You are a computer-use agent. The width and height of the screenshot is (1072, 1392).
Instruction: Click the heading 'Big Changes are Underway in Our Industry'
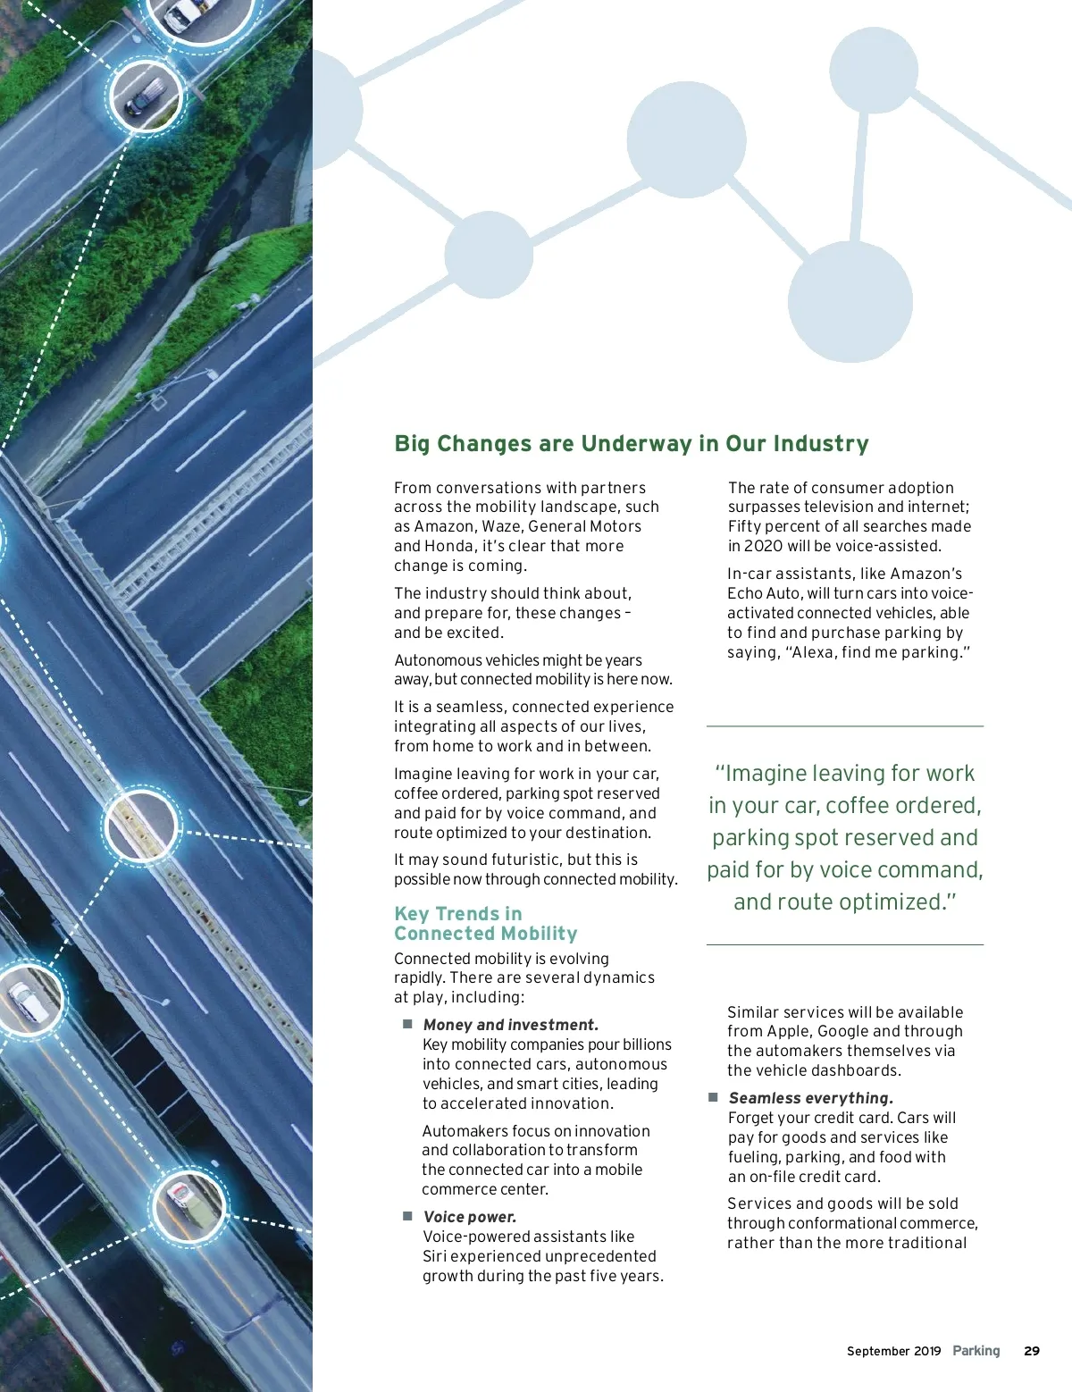(x=631, y=444)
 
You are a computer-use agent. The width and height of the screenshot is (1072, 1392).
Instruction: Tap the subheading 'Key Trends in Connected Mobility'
(x=485, y=924)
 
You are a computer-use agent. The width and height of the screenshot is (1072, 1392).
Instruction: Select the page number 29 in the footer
(x=1032, y=1351)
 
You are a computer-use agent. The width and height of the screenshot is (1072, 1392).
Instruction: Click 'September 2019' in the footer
(x=893, y=1351)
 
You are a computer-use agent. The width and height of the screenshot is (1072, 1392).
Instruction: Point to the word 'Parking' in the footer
(x=976, y=1351)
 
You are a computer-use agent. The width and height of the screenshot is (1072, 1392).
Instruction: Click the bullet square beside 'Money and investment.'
(x=407, y=1024)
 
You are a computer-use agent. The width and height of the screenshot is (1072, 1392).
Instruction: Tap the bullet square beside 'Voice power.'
(x=407, y=1216)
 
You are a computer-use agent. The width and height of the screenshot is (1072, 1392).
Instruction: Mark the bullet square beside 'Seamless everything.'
(x=713, y=1097)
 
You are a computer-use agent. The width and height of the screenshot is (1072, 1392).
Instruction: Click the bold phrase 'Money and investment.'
(x=511, y=1025)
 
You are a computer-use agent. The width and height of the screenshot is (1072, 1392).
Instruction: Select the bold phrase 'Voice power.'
(x=470, y=1217)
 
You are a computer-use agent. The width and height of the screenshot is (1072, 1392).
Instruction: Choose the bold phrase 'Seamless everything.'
(x=811, y=1098)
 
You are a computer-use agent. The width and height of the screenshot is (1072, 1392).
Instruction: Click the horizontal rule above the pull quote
(x=844, y=726)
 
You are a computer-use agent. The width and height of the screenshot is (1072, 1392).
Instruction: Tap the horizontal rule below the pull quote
(x=844, y=944)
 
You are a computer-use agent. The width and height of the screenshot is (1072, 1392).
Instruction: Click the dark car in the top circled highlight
(x=146, y=95)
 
